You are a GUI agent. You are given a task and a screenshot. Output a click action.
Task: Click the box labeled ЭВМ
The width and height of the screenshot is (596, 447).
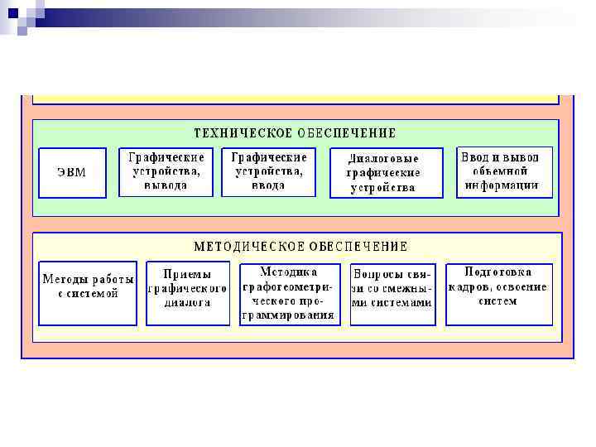[72, 172]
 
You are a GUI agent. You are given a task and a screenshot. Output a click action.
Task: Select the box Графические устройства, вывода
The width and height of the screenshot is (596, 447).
[166, 172]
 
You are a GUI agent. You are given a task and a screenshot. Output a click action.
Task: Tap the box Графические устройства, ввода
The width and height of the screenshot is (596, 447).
[268, 172]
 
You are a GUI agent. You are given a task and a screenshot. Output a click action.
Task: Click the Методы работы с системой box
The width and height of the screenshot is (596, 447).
[89, 293]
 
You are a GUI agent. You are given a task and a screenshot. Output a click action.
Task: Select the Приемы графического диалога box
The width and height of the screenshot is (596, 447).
[187, 293]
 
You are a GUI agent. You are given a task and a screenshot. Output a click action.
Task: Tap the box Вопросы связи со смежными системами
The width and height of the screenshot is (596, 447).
[392, 294]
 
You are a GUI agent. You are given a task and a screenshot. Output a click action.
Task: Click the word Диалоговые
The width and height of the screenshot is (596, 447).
[383, 158]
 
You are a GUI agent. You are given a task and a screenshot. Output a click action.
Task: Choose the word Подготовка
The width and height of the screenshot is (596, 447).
[498, 271]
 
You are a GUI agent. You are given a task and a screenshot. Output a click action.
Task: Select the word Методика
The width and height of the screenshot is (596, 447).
[289, 272]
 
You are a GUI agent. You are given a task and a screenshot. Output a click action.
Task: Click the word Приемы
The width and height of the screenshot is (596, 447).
[187, 274]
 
